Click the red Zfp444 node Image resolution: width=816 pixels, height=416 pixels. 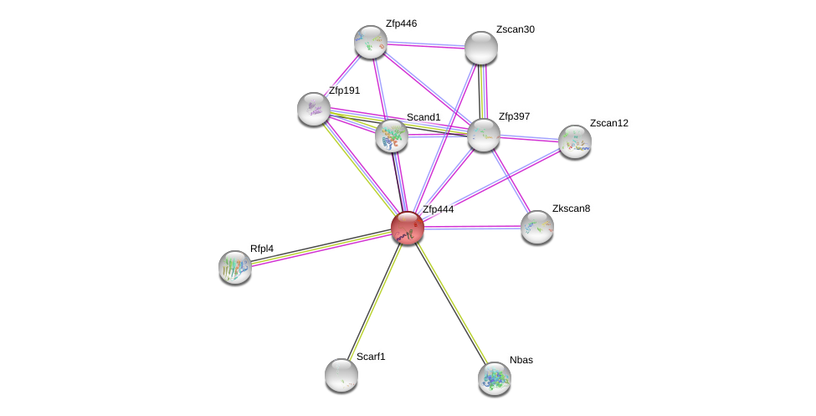pos(408,227)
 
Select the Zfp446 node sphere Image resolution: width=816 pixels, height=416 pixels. pos(370,42)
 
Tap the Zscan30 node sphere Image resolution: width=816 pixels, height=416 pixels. pos(481,48)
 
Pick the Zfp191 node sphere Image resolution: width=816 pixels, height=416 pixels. pos(314,109)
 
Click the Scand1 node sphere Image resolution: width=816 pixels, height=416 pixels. pos(392,136)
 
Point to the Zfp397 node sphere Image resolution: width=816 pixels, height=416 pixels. pos(483,135)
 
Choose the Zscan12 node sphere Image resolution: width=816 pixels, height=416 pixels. pos(575,141)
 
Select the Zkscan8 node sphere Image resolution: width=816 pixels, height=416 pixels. pos(537,227)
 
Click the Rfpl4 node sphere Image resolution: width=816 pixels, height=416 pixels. pos(235,267)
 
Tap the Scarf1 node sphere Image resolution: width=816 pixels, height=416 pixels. pos(341,375)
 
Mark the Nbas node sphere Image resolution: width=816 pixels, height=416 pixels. pos(495,378)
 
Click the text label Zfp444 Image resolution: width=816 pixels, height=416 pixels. pos(438,209)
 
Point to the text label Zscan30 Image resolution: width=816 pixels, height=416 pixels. pos(515,29)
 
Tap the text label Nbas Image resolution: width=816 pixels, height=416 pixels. pos(521,360)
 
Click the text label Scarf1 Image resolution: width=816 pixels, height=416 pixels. pos(371,357)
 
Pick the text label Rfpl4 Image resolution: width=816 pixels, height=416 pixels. pos(261,249)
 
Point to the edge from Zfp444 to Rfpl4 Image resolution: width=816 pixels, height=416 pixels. pos(321,247)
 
